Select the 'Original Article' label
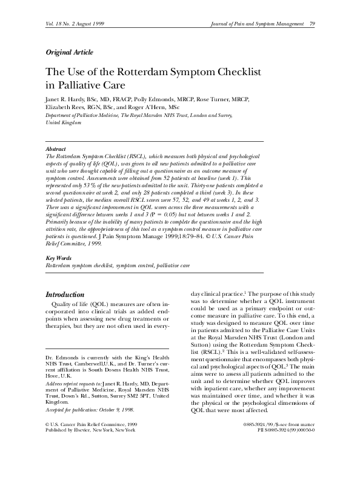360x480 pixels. (x=70, y=52)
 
